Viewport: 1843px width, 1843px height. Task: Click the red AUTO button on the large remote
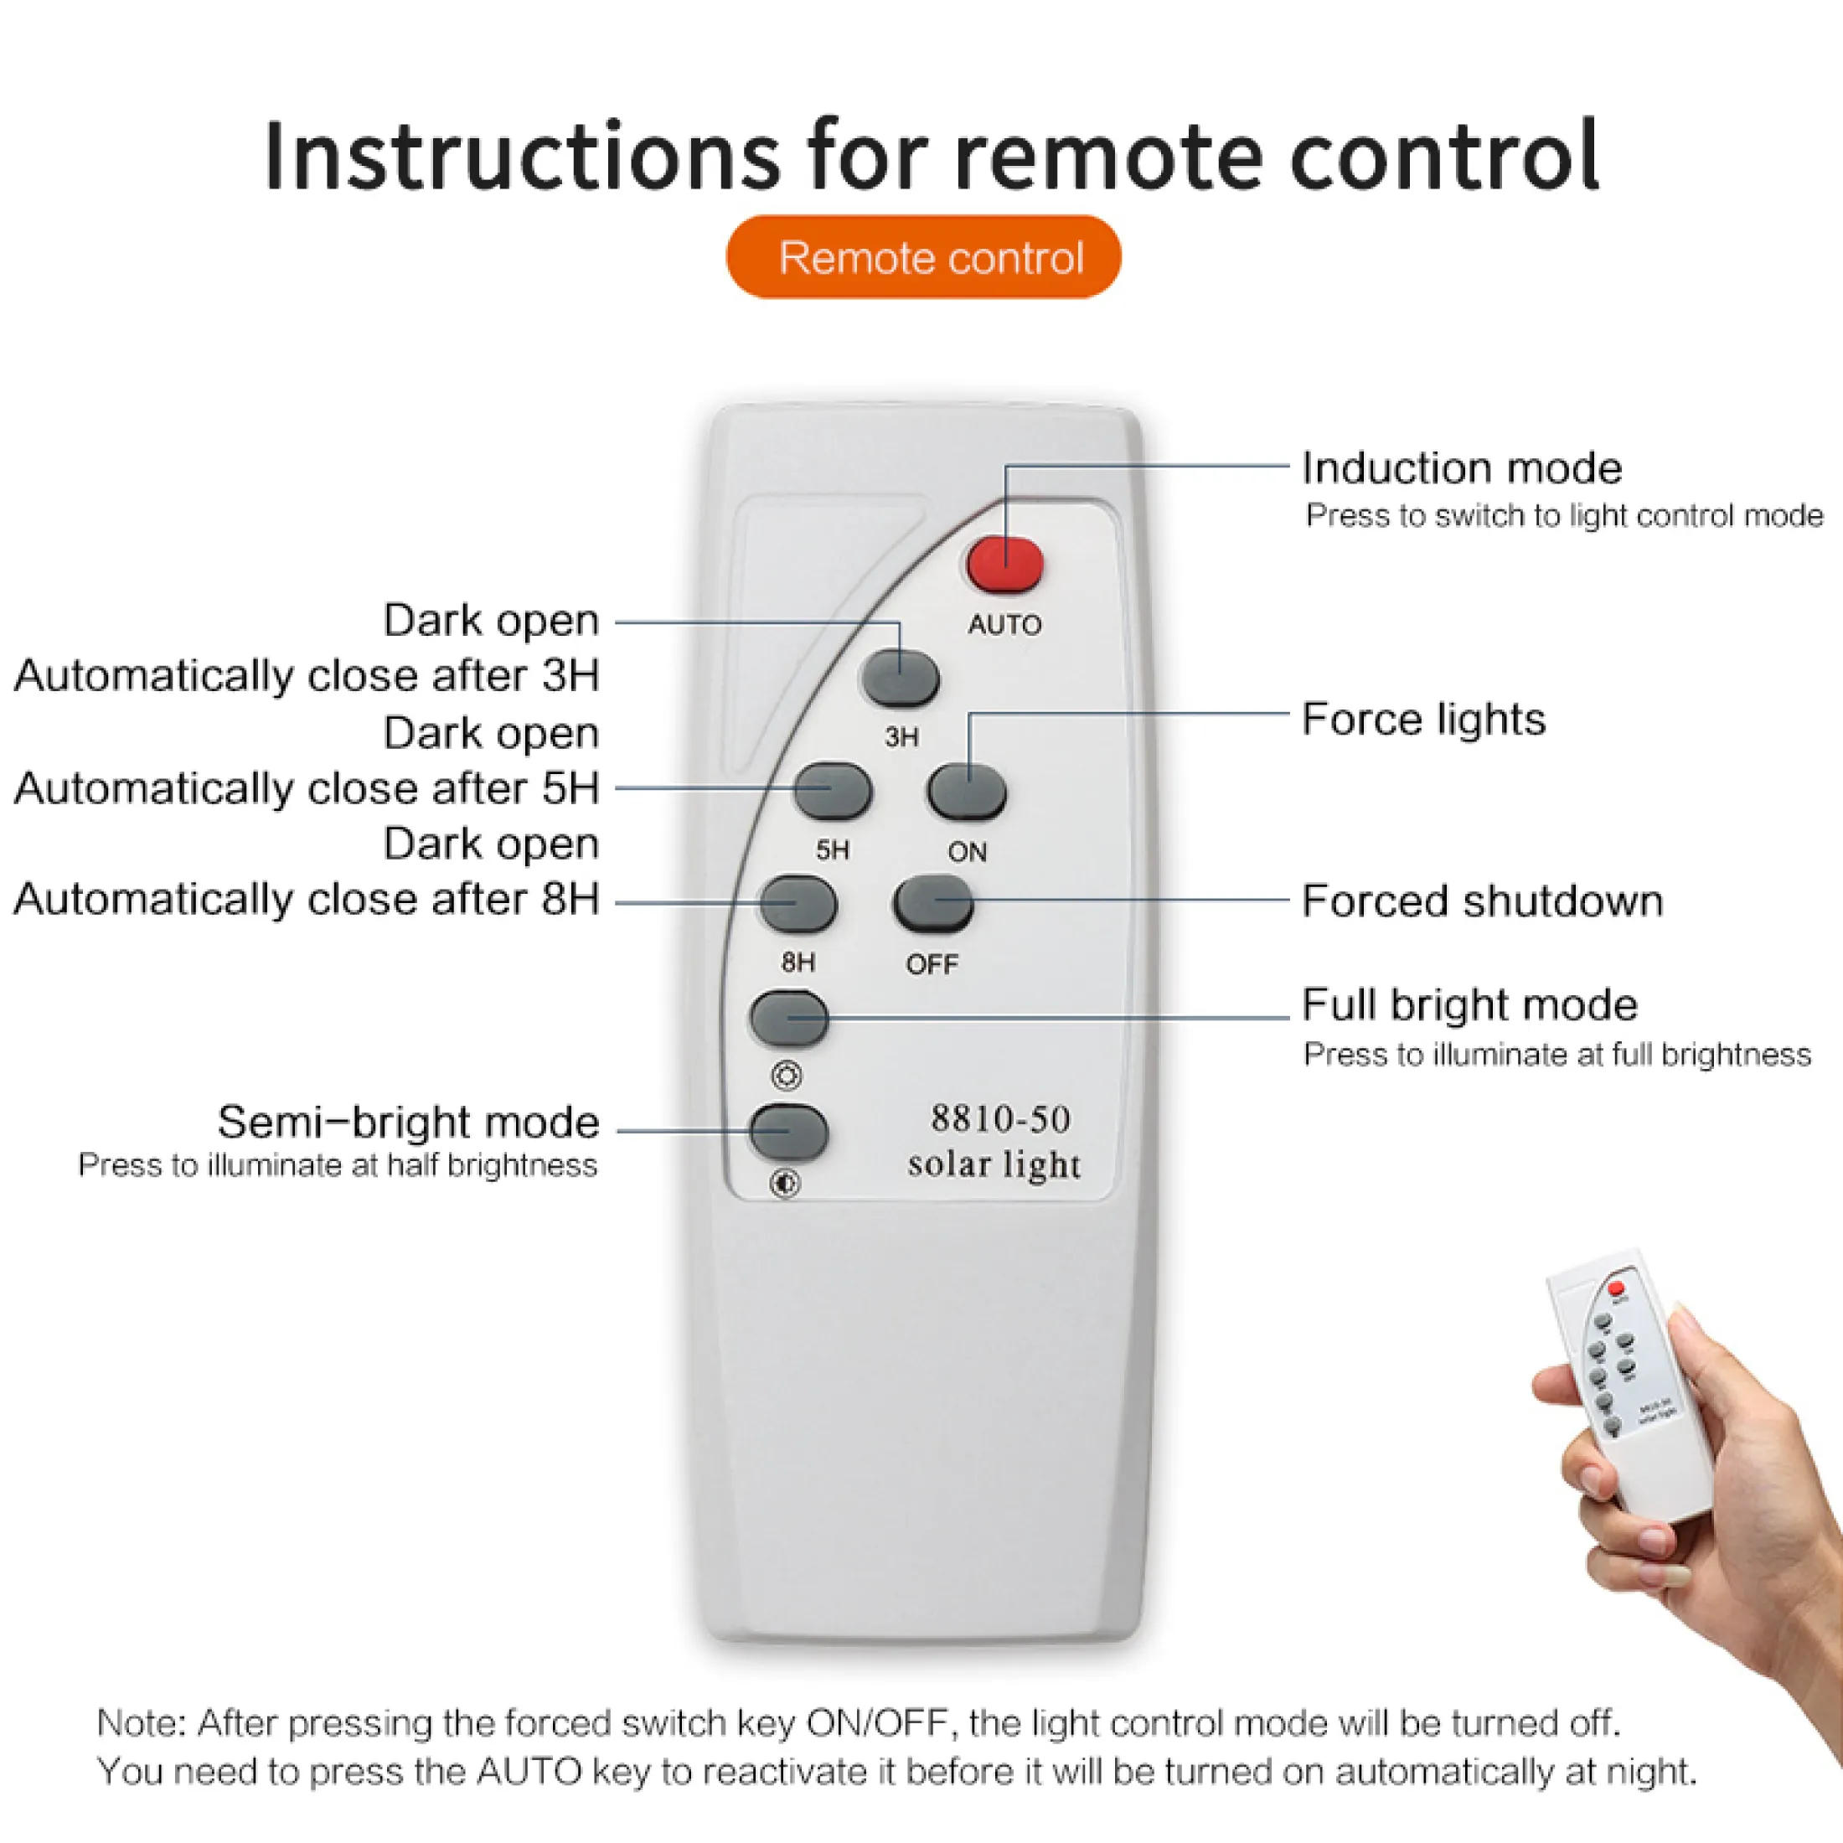tap(1005, 565)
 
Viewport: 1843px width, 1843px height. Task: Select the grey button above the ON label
tap(968, 792)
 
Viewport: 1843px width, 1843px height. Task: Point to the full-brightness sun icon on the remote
tap(787, 1076)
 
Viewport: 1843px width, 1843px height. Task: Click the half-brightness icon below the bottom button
tap(785, 1185)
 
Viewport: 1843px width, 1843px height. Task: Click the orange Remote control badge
tap(923, 256)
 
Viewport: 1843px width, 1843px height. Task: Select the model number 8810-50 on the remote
tap(1001, 1119)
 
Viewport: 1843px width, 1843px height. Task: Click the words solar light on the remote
tap(995, 1164)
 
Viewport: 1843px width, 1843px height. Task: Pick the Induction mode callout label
tap(1462, 468)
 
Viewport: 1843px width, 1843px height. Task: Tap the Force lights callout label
tap(1423, 720)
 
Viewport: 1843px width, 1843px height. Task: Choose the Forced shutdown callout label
tap(1483, 901)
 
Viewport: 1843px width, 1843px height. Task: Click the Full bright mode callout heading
tap(1470, 1004)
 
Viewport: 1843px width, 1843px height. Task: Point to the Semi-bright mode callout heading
tap(408, 1122)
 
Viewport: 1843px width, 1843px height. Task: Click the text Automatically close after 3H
tap(307, 675)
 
